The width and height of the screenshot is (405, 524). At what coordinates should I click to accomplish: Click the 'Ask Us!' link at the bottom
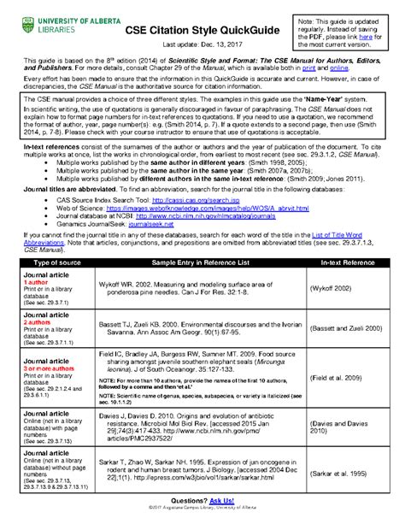coord(226,508)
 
